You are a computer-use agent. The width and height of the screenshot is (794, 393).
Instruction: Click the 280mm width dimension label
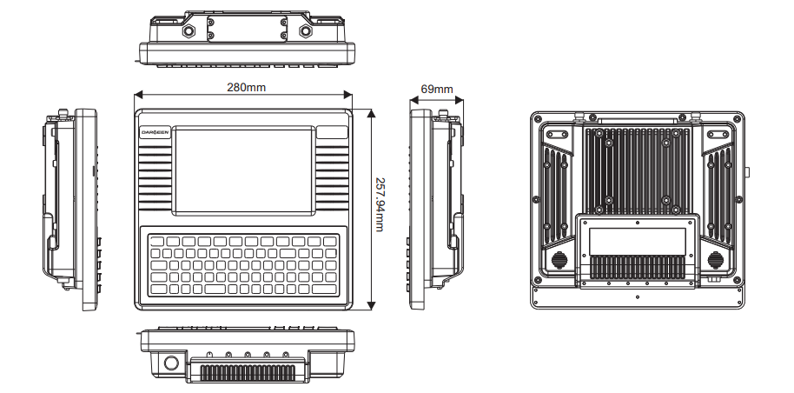[x=247, y=88]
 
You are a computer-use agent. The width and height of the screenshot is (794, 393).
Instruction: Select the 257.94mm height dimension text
[x=379, y=210]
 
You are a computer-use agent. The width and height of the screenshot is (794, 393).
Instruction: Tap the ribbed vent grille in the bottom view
[x=246, y=371]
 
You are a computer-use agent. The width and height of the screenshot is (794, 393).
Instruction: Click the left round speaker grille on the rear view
[x=559, y=260]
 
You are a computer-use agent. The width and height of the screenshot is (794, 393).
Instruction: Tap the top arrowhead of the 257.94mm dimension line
[x=371, y=110]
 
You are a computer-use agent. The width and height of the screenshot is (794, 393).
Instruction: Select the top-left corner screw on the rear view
[x=539, y=119]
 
